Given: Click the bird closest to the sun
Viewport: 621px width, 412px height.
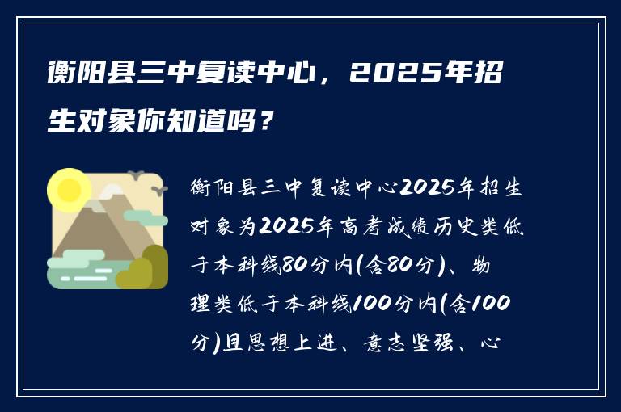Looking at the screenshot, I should click(137, 174).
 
